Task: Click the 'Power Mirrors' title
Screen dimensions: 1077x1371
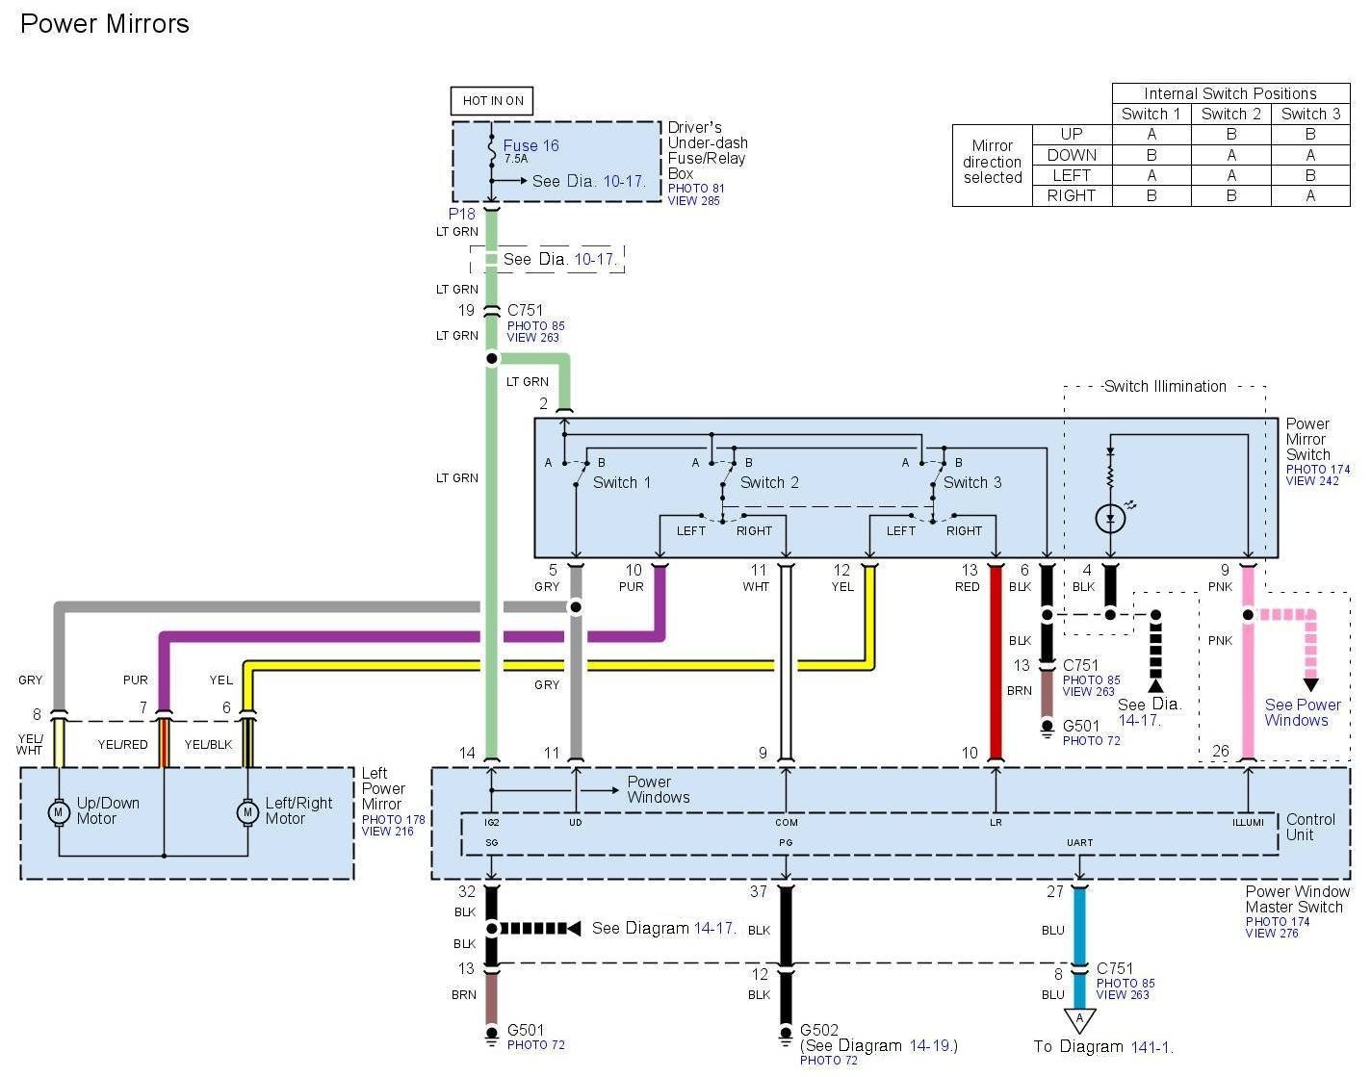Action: pyautogui.click(x=104, y=24)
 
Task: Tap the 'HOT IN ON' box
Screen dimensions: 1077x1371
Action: pyautogui.click(x=492, y=101)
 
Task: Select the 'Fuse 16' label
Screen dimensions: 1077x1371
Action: pyautogui.click(x=530, y=146)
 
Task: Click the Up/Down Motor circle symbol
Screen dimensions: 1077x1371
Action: pyautogui.click(x=59, y=812)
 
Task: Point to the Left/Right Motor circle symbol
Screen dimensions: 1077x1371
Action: pyautogui.click(x=247, y=812)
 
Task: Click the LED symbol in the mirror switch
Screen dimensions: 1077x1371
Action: pyautogui.click(x=1110, y=519)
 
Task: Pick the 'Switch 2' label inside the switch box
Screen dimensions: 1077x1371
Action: pyautogui.click(x=769, y=482)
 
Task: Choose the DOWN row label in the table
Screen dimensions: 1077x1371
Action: pyautogui.click(x=1072, y=155)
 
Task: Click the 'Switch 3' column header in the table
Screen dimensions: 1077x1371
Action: pyautogui.click(x=1310, y=114)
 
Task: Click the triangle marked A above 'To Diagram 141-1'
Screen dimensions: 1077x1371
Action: pyautogui.click(x=1079, y=1019)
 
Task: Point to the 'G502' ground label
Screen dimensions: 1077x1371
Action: pyautogui.click(x=819, y=1030)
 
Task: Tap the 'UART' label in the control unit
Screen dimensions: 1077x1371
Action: pyautogui.click(x=1079, y=842)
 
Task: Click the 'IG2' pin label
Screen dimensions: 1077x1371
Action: pyautogui.click(x=492, y=822)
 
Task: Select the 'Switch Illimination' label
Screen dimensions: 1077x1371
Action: pyautogui.click(x=1165, y=387)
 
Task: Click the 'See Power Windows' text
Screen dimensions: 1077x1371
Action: pyautogui.click(x=1302, y=712)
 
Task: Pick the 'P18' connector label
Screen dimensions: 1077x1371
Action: pyautogui.click(x=462, y=214)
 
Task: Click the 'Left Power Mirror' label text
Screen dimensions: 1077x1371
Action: pyautogui.click(x=383, y=788)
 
